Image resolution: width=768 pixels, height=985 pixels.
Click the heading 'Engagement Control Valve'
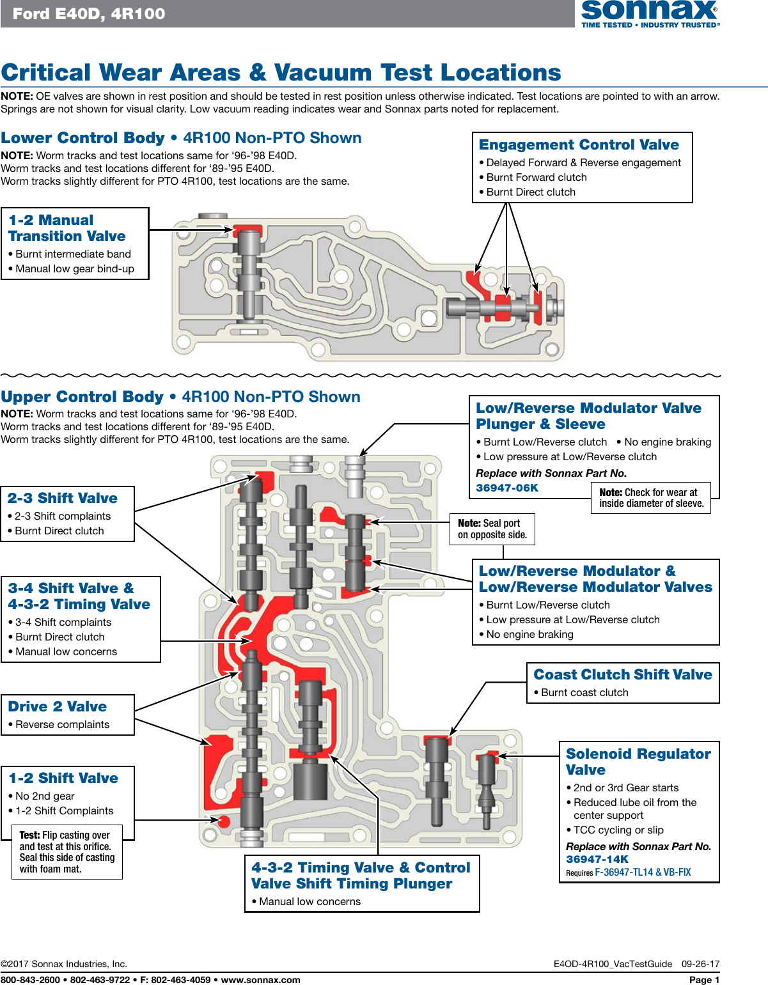click(579, 145)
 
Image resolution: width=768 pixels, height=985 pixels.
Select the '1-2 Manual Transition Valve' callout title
click(67, 228)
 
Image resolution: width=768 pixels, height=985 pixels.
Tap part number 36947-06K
click(507, 488)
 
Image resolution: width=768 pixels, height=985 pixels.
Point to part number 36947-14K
click(597, 860)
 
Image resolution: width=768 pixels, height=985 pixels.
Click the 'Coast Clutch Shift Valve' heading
click(623, 675)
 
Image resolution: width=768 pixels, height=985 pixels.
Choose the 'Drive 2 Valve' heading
click(58, 707)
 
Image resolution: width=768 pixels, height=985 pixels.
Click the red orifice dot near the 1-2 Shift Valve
click(224, 821)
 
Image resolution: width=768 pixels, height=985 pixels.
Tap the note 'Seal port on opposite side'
click(492, 529)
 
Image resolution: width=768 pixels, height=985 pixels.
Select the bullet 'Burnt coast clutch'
click(584, 693)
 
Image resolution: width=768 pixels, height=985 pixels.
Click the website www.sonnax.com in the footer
click(260, 980)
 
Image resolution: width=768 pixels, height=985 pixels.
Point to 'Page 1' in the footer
click(704, 980)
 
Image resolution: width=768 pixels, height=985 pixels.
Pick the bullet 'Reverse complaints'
click(62, 725)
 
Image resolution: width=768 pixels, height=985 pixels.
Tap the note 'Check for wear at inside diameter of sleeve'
click(651, 498)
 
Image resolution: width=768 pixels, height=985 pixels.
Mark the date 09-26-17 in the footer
click(700, 964)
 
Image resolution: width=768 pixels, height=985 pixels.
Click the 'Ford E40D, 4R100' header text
click(89, 13)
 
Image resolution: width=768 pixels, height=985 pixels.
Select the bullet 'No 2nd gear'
click(45, 796)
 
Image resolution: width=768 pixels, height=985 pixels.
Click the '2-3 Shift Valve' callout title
click(63, 499)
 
